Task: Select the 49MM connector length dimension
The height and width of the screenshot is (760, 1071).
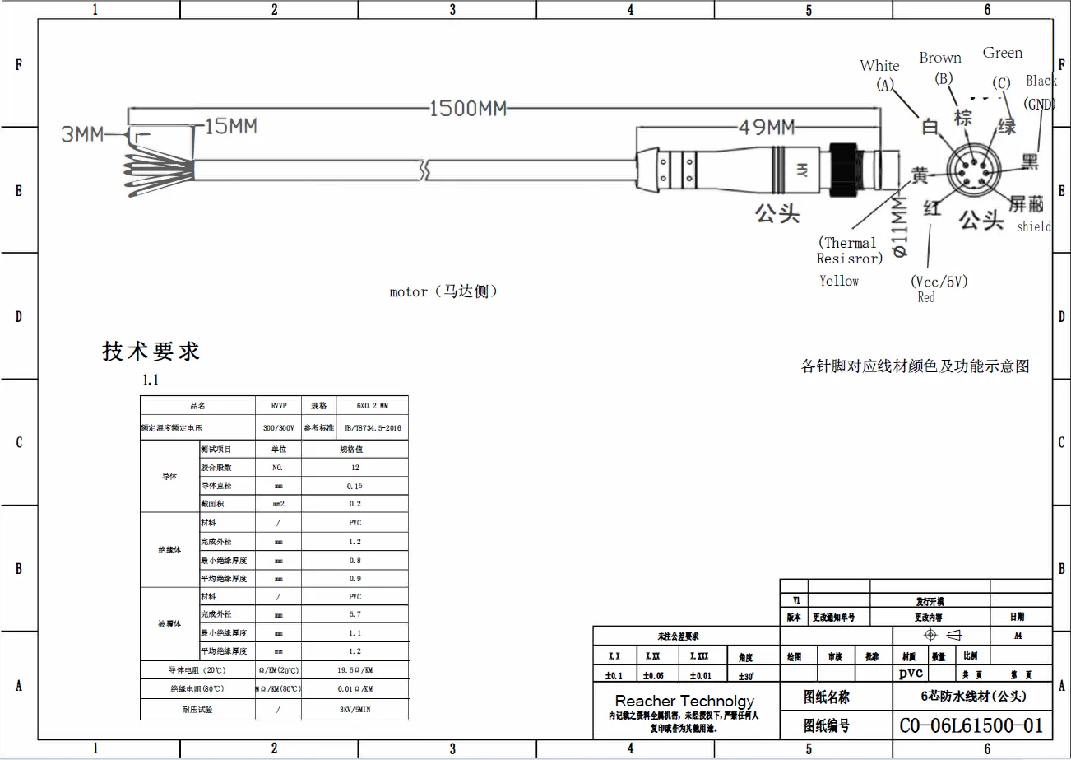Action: click(x=764, y=128)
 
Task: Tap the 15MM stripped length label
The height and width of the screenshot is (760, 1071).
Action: click(x=231, y=126)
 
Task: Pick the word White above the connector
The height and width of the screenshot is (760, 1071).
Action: click(x=879, y=66)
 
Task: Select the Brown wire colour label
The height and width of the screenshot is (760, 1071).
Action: click(x=940, y=58)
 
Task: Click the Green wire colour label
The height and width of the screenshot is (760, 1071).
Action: click(x=1003, y=53)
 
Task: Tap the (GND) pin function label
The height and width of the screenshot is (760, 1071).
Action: click(x=1039, y=105)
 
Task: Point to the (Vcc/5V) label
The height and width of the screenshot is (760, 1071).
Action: click(x=939, y=282)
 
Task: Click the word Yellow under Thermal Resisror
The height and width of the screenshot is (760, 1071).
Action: click(x=839, y=281)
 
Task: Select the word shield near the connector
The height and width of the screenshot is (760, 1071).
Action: click(x=1034, y=226)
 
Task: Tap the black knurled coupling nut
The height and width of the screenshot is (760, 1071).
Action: click(x=843, y=170)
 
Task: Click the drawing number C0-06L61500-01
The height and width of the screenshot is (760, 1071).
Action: click(x=971, y=725)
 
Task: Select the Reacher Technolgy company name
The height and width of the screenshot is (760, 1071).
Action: click(x=684, y=702)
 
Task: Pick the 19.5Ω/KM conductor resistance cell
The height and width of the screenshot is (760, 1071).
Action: click(x=355, y=670)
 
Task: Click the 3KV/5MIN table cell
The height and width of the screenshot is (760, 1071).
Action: click(x=355, y=709)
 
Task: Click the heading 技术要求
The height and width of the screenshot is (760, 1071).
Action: click(x=151, y=352)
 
